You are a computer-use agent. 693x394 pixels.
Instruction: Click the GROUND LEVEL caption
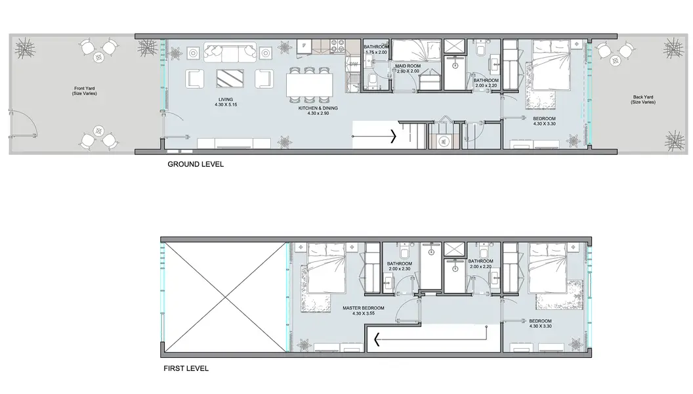[x=196, y=164]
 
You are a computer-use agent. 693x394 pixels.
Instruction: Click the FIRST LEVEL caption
[x=186, y=368]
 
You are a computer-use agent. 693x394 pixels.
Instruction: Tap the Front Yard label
[x=85, y=89]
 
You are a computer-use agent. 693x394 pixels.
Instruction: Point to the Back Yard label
[x=643, y=97]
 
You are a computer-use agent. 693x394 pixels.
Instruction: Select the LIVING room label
[x=225, y=100]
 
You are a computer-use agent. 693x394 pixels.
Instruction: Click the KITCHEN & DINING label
[x=318, y=108]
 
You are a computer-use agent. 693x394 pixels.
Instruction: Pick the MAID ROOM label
[x=408, y=66]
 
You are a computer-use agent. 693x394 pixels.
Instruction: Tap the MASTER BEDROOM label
[x=364, y=308]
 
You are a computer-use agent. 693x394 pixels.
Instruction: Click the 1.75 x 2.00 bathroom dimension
[x=376, y=52]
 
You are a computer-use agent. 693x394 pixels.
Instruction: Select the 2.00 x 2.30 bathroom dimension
[x=400, y=269]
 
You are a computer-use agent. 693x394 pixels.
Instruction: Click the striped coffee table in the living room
[x=230, y=78]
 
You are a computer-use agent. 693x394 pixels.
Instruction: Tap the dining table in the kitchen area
[x=309, y=85]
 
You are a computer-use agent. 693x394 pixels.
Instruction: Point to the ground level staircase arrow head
[x=393, y=136]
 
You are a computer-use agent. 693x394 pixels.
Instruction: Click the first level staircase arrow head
[x=377, y=339]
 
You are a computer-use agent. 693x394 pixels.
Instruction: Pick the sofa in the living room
[x=230, y=52]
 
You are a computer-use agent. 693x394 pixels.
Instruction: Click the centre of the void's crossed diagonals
[x=225, y=297]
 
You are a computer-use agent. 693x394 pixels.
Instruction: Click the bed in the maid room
[x=416, y=51]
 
